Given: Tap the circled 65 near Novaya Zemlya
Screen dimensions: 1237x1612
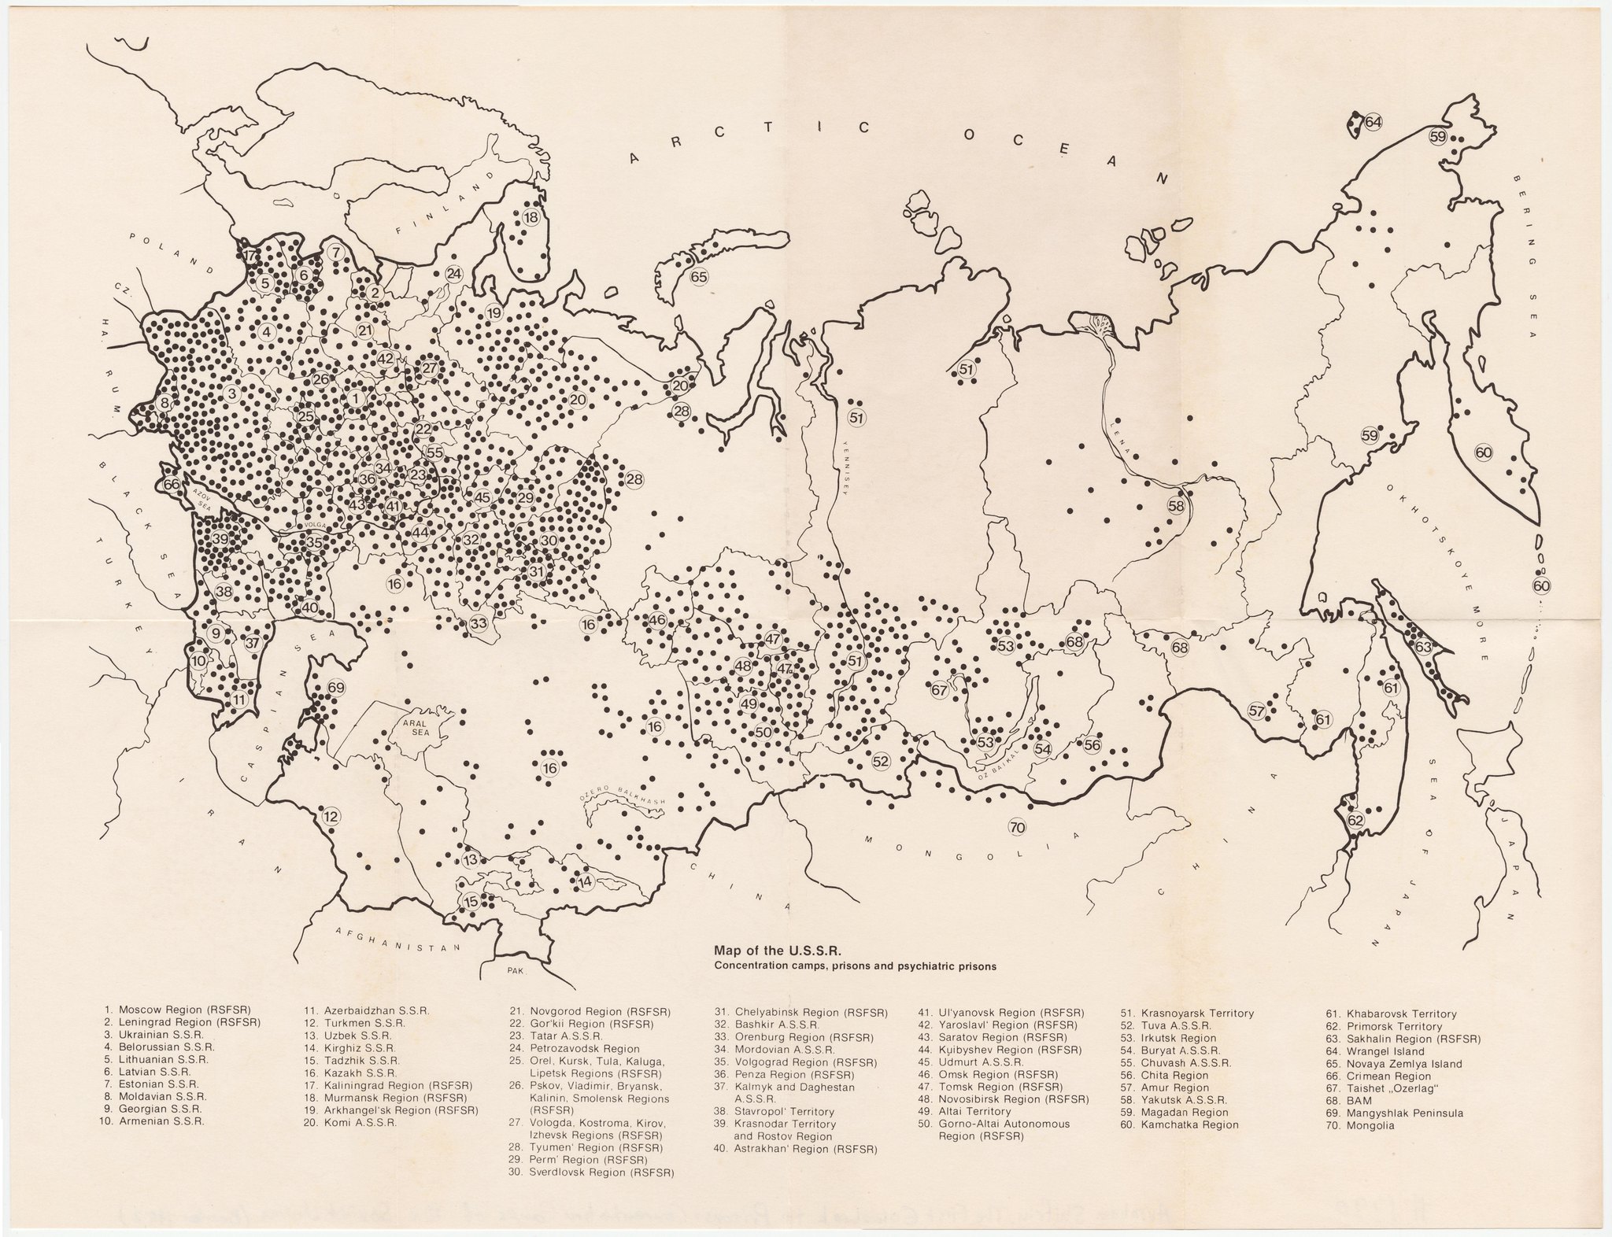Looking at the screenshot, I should [699, 276].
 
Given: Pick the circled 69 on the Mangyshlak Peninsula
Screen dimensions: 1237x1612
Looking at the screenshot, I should [336, 688].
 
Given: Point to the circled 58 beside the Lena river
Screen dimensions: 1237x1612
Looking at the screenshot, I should [1176, 506].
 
